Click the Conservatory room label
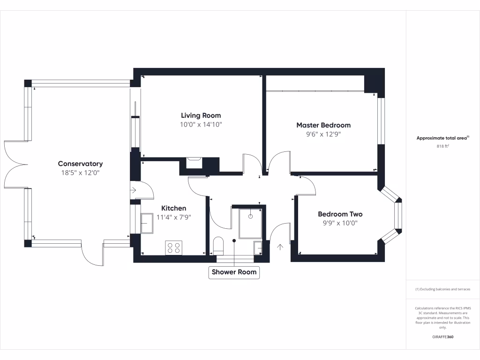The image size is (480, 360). tap(80, 164)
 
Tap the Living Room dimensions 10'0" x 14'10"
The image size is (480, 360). tap(201, 125)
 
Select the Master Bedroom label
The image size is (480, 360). tap(323, 125)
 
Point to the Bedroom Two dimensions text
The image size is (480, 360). tap(340, 223)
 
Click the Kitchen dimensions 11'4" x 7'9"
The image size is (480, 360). tap(174, 217)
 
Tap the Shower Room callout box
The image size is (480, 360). tap(234, 272)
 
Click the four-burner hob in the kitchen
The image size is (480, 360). tap(173, 247)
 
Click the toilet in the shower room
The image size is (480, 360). tap(218, 246)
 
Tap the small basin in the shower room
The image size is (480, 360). tap(258, 247)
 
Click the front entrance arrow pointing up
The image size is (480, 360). tap(281, 247)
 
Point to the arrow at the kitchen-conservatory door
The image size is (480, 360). tap(133, 190)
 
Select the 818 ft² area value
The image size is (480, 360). tap(442, 146)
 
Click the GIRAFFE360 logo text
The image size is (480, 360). tap(442, 337)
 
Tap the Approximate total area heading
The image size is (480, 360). tap(442, 138)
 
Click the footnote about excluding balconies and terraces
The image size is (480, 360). tap(442, 289)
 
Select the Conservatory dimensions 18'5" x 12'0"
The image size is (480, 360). tap(80, 172)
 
